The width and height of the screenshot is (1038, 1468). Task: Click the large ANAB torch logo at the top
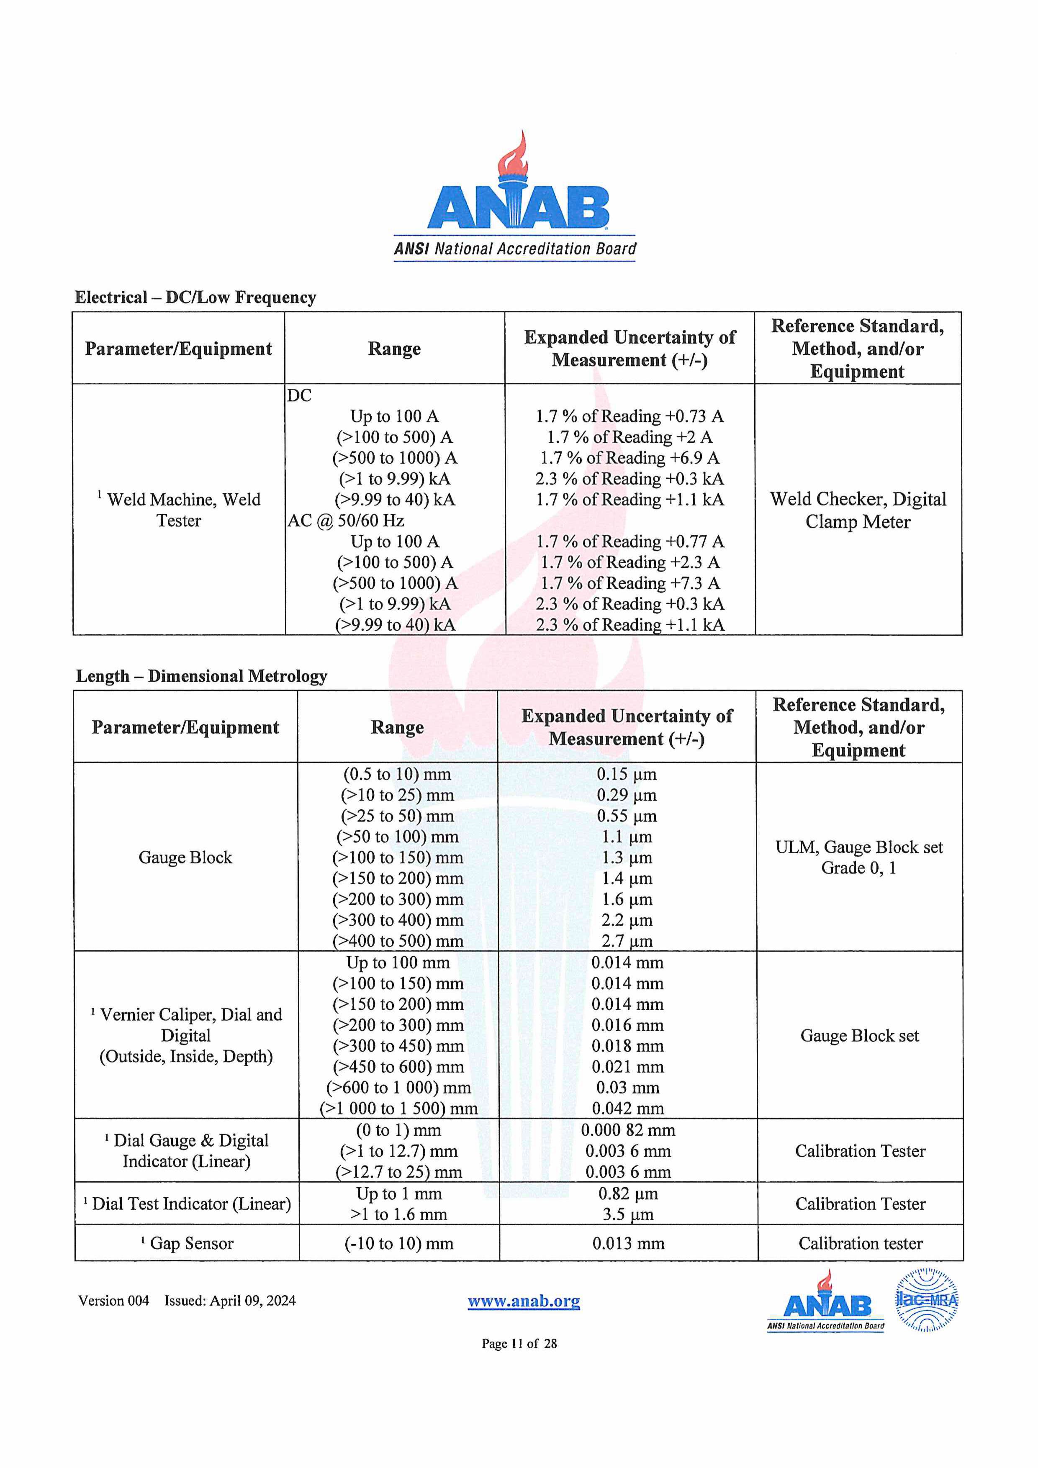pos(516,195)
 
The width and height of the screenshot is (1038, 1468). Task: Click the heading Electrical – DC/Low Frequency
pos(195,297)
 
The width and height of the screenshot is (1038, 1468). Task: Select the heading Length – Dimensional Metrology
pos(201,676)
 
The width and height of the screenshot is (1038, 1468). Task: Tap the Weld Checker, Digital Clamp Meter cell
pos(858,510)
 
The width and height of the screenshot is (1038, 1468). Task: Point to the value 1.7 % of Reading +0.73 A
pos(629,416)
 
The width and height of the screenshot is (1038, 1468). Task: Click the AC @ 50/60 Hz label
pos(345,521)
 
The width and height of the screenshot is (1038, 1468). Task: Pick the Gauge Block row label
pos(185,857)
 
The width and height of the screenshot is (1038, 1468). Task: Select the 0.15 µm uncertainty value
pos(627,774)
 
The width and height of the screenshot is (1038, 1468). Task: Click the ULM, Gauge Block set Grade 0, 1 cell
pos(859,857)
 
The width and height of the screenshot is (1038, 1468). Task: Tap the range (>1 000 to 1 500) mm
pos(398,1108)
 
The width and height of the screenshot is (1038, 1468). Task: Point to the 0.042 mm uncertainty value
pos(627,1108)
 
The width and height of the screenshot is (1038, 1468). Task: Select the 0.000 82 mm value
pos(627,1130)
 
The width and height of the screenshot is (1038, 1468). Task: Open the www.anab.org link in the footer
pos(524,1301)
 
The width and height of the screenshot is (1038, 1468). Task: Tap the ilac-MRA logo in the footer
pos(927,1300)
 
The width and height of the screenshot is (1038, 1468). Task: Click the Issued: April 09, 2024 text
pos(230,1301)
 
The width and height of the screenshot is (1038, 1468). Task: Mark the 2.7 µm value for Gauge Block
pos(627,941)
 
